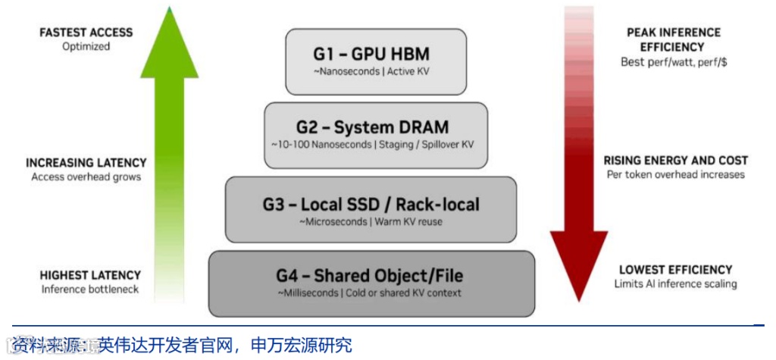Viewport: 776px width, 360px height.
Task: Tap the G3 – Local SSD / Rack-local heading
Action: coord(371,204)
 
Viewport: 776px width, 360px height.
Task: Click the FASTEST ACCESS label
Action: coord(86,33)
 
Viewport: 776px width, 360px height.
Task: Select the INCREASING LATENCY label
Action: coord(86,163)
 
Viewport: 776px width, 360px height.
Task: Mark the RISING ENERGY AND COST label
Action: coord(675,161)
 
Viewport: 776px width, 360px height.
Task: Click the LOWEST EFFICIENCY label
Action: coord(675,270)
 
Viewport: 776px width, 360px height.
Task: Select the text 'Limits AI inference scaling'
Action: coord(675,283)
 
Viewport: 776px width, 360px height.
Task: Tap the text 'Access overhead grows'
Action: coord(86,177)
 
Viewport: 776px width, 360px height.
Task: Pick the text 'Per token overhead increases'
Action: coord(675,174)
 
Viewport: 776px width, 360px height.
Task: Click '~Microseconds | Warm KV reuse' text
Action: coord(371,221)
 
